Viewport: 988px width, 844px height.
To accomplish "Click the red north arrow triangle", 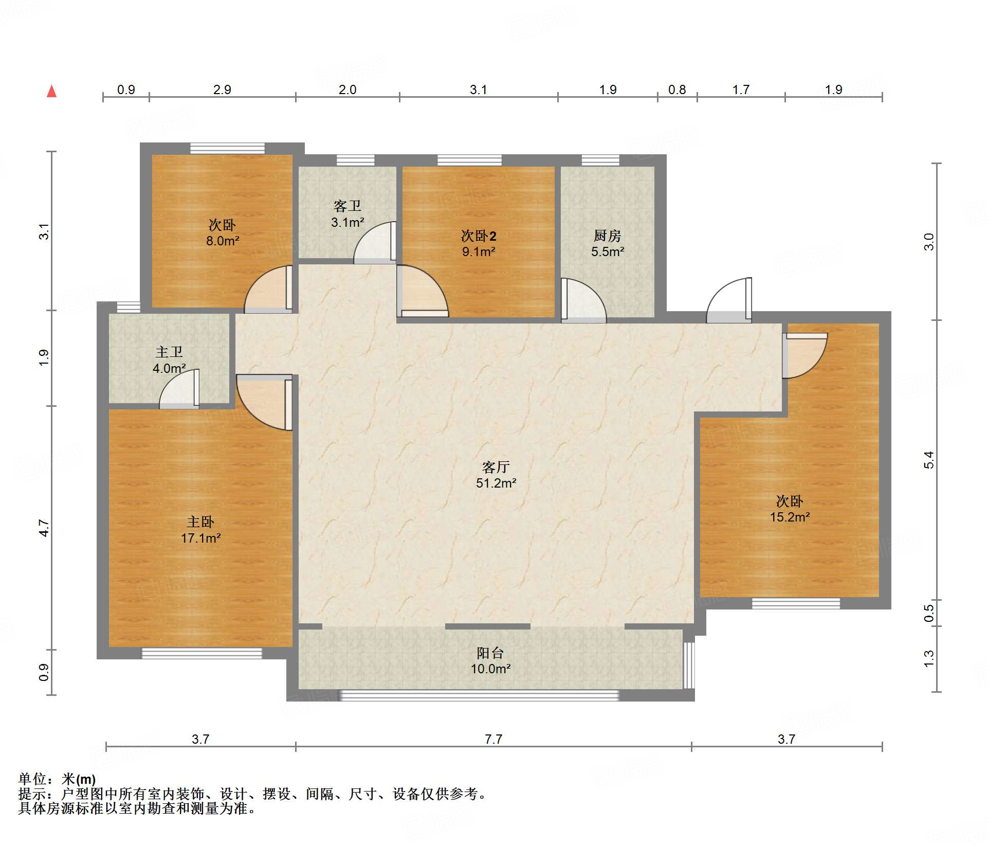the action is click(52, 91).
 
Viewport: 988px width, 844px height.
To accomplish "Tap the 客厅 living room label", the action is click(496, 467).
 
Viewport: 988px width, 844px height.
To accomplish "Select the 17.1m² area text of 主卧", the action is click(200, 538).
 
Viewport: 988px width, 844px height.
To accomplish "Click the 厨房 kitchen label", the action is click(607, 236).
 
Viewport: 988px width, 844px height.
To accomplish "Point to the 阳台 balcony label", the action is click(490, 653).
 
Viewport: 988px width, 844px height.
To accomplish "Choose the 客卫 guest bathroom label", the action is click(347, 206).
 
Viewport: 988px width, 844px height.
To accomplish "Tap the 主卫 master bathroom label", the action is click(169, 352).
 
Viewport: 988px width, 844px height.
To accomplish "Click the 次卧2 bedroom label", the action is click(479, 236).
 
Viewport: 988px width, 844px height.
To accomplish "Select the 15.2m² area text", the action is click(790, 517).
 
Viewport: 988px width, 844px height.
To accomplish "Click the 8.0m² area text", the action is click(223, 241).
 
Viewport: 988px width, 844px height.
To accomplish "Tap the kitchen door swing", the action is click(584, 300).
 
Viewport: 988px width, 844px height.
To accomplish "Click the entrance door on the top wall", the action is click(729, 300).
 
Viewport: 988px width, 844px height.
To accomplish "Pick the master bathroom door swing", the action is click(179, 389).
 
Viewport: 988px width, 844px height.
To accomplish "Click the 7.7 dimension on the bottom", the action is click(493, 739).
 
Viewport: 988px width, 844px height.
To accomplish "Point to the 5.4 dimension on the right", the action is click(928, 460).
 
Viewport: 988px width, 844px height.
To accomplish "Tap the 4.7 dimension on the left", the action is click(44, 528).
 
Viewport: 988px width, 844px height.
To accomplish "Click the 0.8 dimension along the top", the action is click(677, 89).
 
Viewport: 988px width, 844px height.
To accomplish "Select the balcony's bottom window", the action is click(480, 696).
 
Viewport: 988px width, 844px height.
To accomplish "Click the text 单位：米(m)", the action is click(57, 779).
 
